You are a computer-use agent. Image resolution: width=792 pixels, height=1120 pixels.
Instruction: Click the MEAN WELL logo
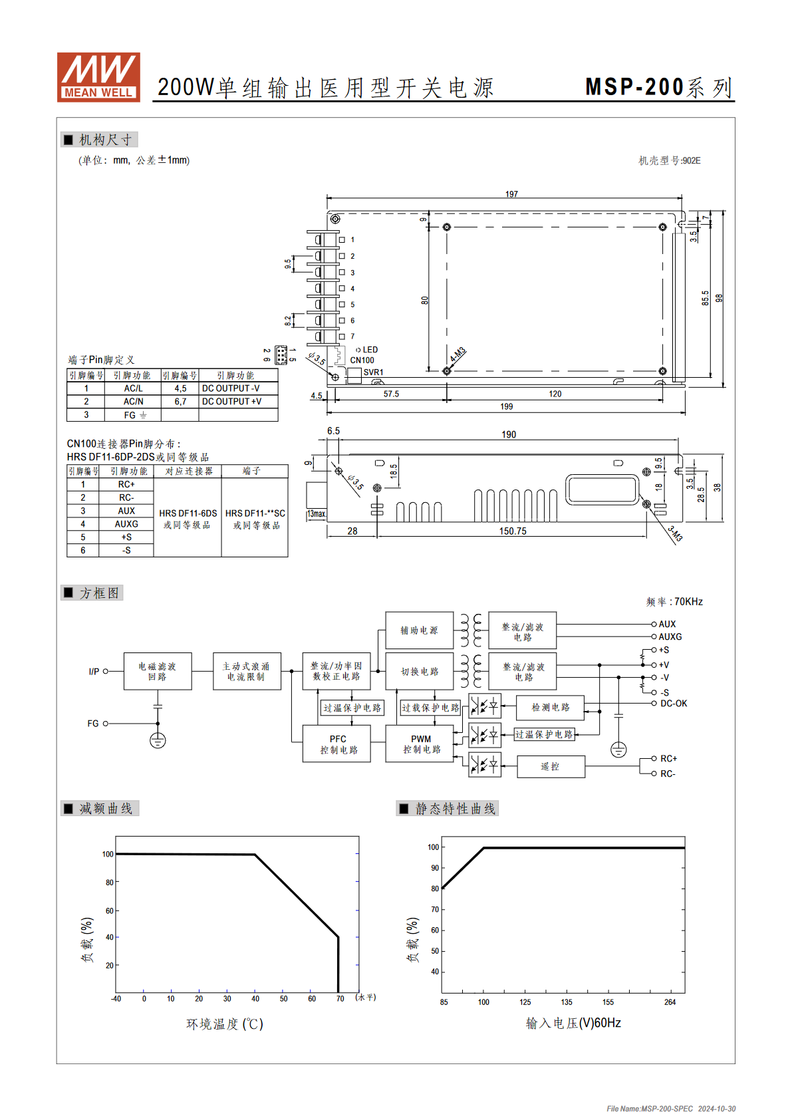tap(98, 77)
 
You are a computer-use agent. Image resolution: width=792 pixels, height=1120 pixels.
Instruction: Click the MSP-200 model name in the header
tap(634, 87)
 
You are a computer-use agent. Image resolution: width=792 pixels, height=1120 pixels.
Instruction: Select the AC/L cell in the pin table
tap(133, 388)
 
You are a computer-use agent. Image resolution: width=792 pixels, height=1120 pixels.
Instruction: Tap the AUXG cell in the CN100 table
tap(126, 524)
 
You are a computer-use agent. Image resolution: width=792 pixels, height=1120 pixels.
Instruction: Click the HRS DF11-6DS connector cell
tap(188, 513)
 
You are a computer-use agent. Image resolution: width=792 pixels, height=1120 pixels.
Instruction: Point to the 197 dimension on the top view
tap(511, 194)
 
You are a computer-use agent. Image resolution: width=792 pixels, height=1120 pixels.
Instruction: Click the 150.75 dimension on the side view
tap(513, 531)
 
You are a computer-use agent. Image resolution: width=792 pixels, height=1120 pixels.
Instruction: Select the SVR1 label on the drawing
tap(373, 372)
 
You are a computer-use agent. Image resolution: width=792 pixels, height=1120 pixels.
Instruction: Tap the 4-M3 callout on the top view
tap(458, 354)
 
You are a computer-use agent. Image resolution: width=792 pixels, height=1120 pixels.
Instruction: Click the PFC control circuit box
tap(336, 744)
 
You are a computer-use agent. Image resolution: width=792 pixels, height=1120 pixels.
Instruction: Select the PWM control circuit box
tap(420, 744)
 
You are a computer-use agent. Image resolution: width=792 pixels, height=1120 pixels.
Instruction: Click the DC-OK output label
tap(674, 704)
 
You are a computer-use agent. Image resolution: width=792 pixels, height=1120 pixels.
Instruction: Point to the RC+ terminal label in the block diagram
tap(668, 758)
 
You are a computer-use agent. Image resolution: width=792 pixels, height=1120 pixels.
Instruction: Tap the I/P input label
tap(94, 672)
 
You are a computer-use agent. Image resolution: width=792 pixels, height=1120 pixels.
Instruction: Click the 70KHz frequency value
tap(688, 601)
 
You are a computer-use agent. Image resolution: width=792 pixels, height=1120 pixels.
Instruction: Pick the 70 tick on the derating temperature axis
tap(340, 998)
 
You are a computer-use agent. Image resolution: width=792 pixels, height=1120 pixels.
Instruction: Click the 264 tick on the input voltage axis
tap(670, 1002)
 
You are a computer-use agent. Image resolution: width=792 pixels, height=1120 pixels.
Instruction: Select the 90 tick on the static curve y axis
tap(434, 868)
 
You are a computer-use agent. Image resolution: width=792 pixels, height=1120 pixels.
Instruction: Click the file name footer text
tap(671, 1109)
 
